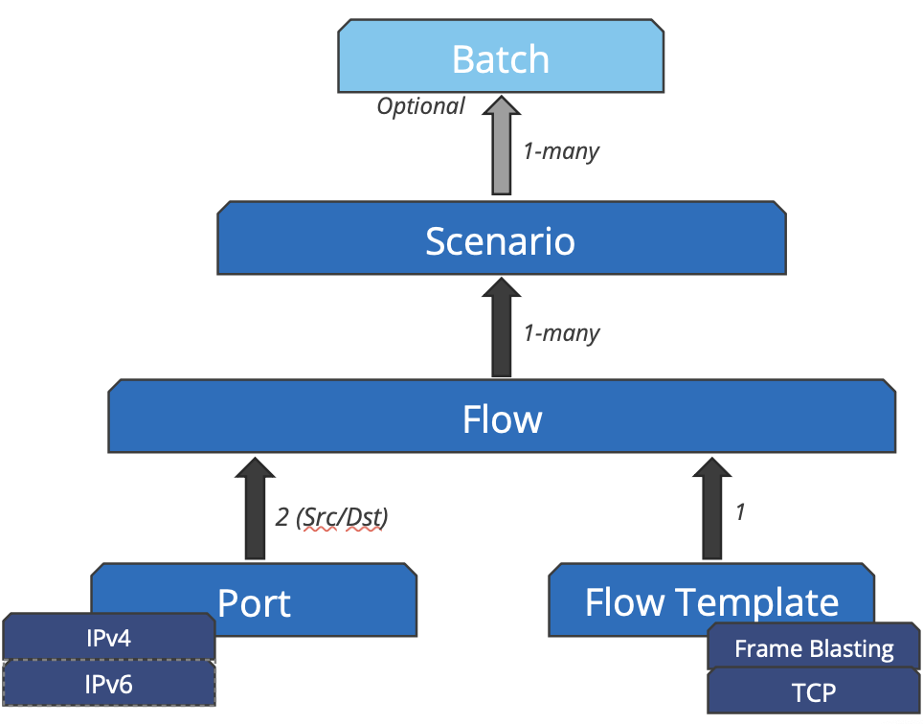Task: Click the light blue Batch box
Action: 501,57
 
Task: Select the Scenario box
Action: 502,238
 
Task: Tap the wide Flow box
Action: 502,417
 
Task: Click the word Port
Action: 254,603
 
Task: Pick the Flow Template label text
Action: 711,601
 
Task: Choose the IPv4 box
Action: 109,637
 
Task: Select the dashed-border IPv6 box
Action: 109,684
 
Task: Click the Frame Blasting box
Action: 814,646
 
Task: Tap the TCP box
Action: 814,691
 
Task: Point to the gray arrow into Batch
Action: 502,146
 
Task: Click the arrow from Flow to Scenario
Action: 502,328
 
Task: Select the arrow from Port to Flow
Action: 255,509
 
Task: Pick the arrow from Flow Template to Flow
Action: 712,509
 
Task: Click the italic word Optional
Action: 421,106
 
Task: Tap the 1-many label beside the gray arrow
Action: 562,151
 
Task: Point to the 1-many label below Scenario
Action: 562,333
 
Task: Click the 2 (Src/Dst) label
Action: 332,517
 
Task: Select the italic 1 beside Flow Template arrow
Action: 740,512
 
